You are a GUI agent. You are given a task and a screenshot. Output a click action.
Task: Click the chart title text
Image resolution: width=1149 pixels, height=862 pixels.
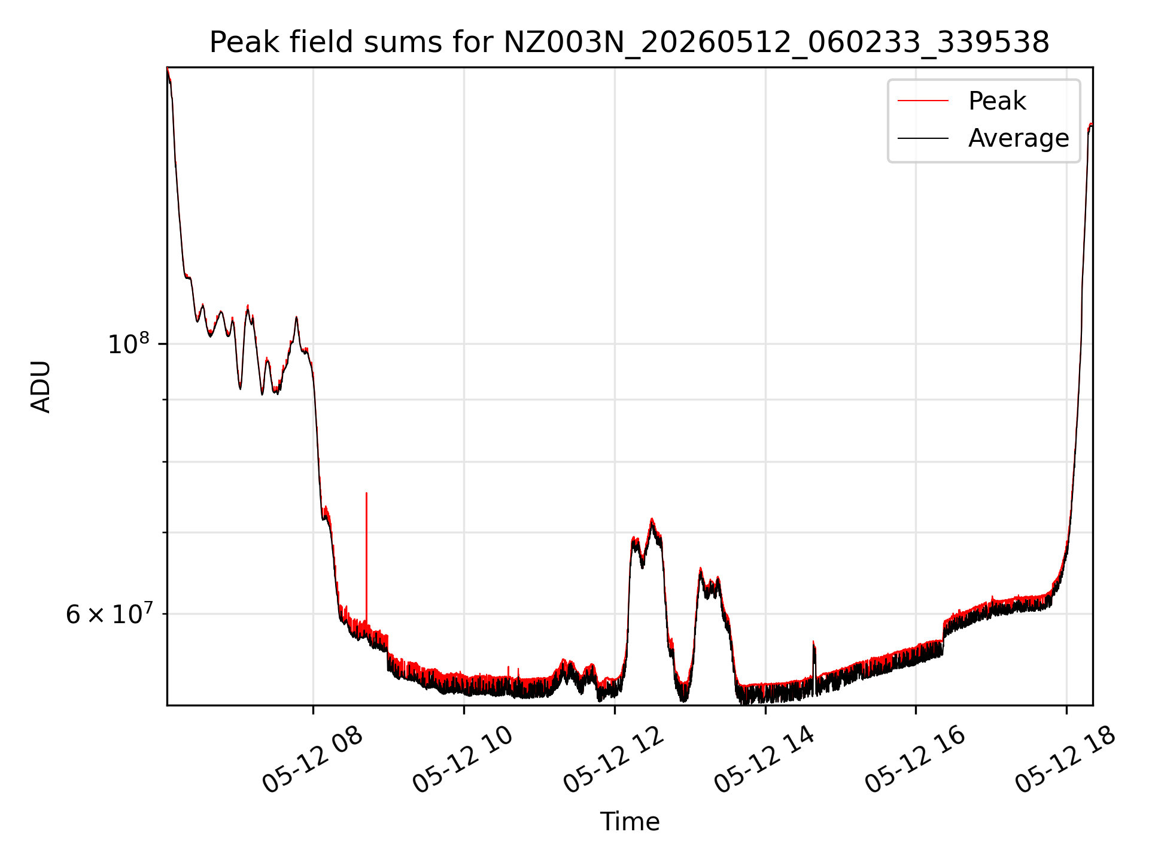630,43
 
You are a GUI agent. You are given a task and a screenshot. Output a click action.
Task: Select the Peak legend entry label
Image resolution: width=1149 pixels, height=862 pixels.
997,101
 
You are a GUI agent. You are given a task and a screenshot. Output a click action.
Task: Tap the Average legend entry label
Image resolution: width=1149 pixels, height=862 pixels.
1019,138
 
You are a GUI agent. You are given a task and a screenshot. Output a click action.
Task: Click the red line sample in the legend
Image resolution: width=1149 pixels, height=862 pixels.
923,101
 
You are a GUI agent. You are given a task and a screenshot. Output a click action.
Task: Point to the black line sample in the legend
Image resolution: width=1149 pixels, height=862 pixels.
923,138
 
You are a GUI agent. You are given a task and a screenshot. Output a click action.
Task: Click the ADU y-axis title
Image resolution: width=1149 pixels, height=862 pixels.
41,387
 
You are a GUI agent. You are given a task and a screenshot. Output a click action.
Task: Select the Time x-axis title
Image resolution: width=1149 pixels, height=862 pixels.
630,822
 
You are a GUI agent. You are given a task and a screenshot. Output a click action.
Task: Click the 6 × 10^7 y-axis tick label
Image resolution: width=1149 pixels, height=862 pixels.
108,614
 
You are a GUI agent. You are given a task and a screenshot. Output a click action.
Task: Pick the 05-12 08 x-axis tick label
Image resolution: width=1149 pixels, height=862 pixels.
312,760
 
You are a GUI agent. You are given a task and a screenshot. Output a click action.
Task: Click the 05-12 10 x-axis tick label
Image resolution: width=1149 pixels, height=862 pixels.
463,760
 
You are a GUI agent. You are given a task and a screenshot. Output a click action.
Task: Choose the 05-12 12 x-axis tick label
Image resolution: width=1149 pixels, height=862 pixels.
614,760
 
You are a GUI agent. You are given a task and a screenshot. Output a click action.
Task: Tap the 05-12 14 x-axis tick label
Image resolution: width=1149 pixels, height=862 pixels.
765,760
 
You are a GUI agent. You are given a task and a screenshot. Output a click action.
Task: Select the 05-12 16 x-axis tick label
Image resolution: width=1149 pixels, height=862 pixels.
915,760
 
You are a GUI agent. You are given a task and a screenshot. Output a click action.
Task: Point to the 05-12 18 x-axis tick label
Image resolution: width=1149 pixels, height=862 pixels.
1066,760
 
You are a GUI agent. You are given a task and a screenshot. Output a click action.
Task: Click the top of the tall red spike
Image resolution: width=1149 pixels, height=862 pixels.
366,493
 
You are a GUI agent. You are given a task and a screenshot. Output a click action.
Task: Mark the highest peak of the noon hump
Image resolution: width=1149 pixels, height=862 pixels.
652,519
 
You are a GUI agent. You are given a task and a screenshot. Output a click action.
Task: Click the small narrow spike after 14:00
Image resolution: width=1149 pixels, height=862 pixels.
814,642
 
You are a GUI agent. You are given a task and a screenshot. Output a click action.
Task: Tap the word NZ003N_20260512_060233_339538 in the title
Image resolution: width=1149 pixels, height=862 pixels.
777,43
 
